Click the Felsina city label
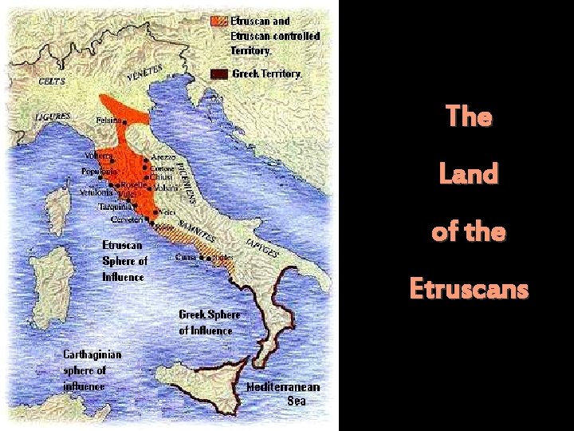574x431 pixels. tap(108, 121)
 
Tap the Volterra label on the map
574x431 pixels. tap(99, 156)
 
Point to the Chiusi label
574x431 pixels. tap(161, 178)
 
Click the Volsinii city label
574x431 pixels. tap(166, 188)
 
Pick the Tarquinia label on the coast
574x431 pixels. tap(113, 206)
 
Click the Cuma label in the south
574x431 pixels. tap(185, 257)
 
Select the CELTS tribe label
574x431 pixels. tap(53, 81)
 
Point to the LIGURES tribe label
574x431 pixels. tap(53, 117)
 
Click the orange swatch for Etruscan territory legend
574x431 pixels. tap(218, 21)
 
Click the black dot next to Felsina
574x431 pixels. tap(126, 121)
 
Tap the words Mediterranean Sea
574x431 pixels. tap(283, 393)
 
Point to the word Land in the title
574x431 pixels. tap(469, 173)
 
